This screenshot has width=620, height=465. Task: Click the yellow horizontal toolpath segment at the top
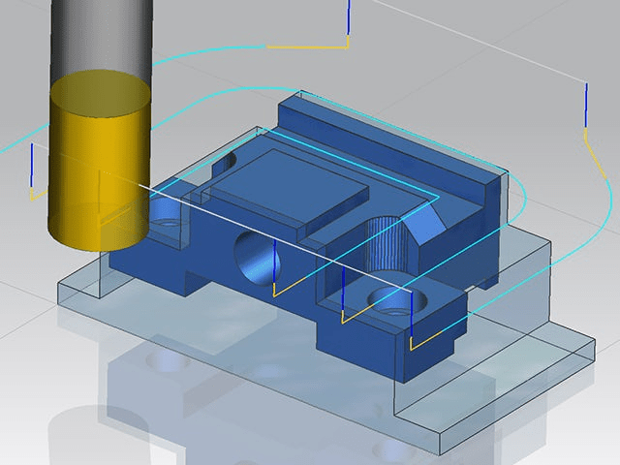305,46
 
